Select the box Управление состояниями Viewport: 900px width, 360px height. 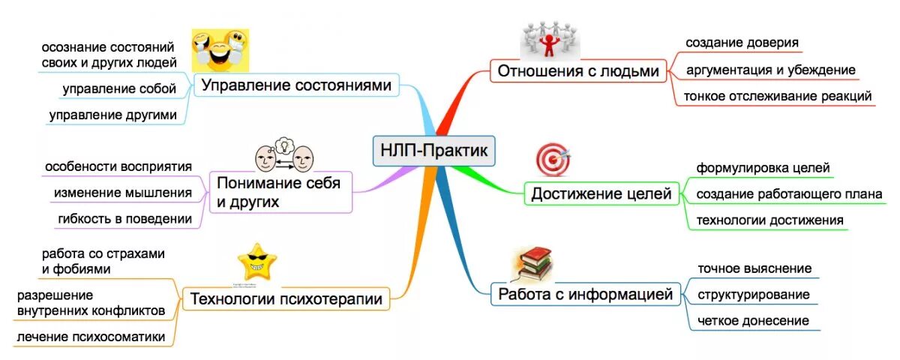[296, 86]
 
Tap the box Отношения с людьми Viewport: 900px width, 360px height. [578, 71]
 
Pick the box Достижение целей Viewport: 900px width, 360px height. [601, 194]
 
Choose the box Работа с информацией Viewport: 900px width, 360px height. [586, 294]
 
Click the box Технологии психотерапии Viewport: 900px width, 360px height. [286, 299]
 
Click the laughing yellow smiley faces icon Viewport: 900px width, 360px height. [219, 49]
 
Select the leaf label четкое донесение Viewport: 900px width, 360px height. [753, 320]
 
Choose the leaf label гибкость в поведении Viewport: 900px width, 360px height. [124, 218]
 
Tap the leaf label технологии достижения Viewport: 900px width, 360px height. [769, 220]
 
